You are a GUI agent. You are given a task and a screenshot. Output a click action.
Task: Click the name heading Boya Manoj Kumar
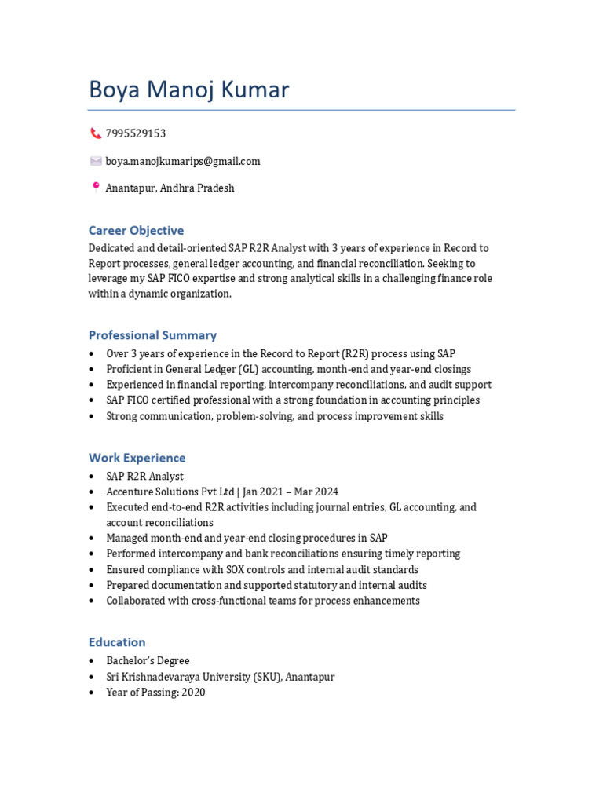coord(188,90)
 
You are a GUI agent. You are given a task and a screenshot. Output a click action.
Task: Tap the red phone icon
coord(96,133)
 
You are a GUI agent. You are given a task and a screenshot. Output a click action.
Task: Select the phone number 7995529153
coord(135,133)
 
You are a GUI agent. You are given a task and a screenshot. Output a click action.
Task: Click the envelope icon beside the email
coord(96,161)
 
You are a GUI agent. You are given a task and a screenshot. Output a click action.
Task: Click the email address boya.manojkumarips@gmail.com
coord(183,161)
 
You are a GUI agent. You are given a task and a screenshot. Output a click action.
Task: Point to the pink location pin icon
coord(96,188)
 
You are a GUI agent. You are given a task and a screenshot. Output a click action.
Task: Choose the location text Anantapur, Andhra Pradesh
coord(170,188)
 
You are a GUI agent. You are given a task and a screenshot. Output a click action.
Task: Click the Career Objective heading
coord(136,231)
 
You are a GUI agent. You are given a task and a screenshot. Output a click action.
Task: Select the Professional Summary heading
coord(152,335)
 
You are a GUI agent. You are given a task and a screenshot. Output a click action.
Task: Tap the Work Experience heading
coord(137,458)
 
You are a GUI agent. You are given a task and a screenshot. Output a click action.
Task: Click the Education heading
coord(117,642)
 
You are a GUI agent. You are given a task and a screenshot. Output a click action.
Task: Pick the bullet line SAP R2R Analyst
coord(144,477)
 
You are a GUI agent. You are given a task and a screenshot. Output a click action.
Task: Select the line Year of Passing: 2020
coord(155,693)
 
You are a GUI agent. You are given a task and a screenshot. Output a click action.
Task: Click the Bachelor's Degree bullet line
coord(148,661)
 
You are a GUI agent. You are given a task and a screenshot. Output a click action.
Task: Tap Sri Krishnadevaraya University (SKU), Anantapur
coord(220,677)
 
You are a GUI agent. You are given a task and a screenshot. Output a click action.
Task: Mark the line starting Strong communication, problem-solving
coord(275,416)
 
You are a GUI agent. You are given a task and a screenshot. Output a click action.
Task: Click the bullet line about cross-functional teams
coord(263,601)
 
